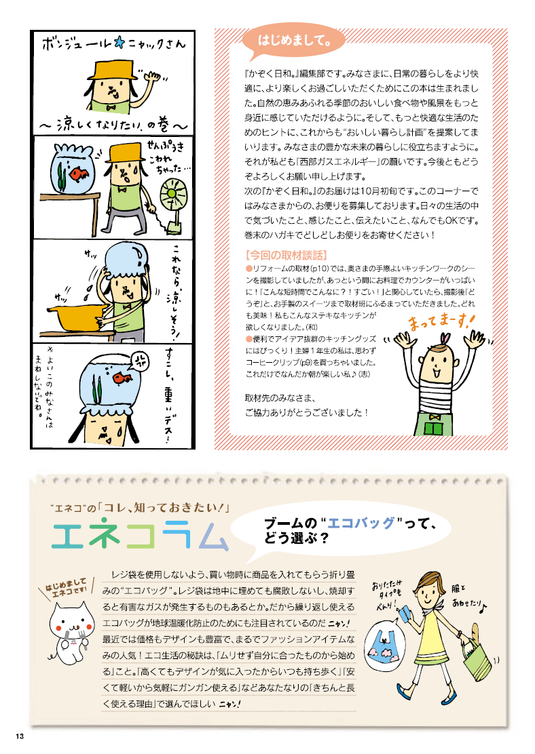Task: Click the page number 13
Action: pos(19,736)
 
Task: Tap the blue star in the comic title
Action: pos(119,44)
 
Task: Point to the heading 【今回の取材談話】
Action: pos(286,256)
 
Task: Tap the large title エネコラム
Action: pos(140,535)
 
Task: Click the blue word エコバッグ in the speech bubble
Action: pos(361,523)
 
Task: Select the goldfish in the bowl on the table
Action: pos(79,172)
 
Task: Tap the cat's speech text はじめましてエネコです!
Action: pos(66,588)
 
